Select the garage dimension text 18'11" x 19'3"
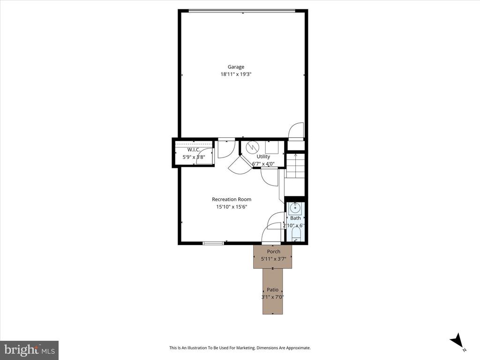tap(240, 74)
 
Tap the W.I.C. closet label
tap(194, 150)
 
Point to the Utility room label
tap(263, 157)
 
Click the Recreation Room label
tap(232, 200)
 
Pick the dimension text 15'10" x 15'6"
tap(232, 207)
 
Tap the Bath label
tap(295, 218)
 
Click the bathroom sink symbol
tap(295, 208)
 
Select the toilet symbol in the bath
tap(295, 240)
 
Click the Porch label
tap(273, 252)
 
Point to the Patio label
tap(273, 290)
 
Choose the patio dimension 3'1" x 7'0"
tap(273, 297)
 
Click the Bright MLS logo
tap(29, 350)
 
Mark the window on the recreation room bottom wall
tap(213, 243)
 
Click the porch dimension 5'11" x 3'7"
tap(273, 259)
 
